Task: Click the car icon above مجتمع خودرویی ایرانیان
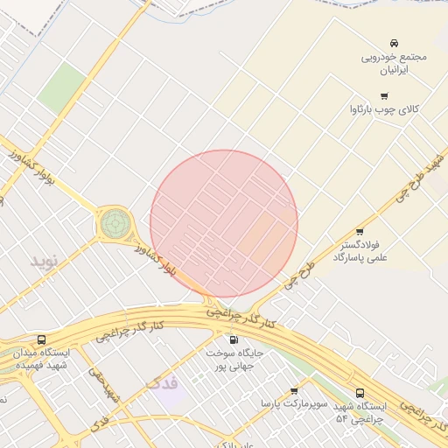pos(395,43)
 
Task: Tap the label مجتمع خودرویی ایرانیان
pos(395,63)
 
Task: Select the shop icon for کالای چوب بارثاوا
pos(384,96)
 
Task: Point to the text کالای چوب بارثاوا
pos(384,110)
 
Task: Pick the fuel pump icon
pos(234,339)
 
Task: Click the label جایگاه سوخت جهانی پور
pos(234,359)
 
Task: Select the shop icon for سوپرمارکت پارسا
pos(293,391)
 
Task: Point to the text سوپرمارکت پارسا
pos(293,405)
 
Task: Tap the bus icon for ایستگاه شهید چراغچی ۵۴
pos(360,394)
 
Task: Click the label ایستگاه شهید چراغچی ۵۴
pos(360,414)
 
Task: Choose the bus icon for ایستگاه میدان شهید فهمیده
pos(41,339)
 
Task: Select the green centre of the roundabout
pos(113,223)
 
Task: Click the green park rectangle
pos(61,87)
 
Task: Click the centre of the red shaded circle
pos(224,223)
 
